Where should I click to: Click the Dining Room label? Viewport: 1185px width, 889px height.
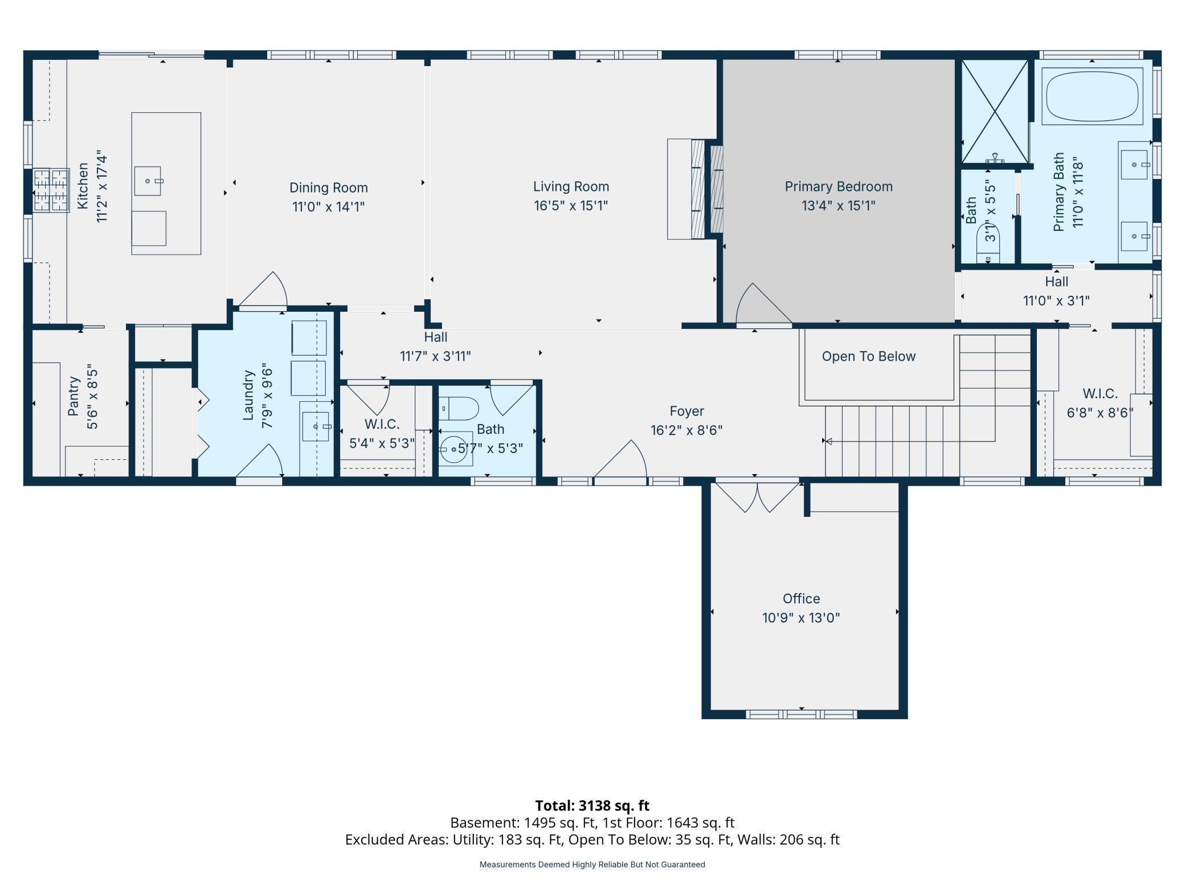(x=328, y=187)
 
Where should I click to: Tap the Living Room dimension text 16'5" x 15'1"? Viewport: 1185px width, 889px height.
(x=571, y=205)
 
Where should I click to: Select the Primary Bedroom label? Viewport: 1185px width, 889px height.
(x=838, y=186)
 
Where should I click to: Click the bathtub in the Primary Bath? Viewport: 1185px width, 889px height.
(x=1092, y=96)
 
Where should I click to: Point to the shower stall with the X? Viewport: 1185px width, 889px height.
(x=995, y=112)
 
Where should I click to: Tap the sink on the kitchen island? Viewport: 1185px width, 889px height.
(x=148, y=181)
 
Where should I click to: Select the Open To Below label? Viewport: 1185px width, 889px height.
(x=868, y=356)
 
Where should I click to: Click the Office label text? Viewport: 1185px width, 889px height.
(x=801, y=598)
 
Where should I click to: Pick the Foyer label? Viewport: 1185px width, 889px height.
(x=687, y=411)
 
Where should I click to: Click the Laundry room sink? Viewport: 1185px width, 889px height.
(x=315, y=426)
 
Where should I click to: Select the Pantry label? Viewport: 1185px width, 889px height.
(x=73, y=396)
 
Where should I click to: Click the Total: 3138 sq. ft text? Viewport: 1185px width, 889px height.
(x=592, y=805)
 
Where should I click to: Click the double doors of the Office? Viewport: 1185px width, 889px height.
(x=758, y=497)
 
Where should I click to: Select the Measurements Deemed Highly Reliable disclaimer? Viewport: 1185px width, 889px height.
(x=592, y=864)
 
